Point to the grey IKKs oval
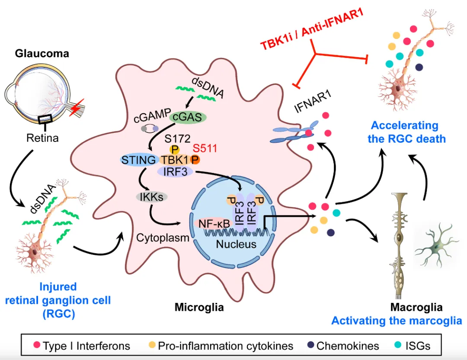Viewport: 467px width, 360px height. point(152,197)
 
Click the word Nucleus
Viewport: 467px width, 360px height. point(236,244)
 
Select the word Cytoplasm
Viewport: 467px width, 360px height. point(163,237)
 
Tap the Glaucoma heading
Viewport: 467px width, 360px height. point(42,54)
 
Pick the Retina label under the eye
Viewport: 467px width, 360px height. point(42,138)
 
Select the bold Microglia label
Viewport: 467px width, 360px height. point(199,308)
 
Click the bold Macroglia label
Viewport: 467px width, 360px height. point(416,307)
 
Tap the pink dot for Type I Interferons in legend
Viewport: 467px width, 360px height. point(37,346)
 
